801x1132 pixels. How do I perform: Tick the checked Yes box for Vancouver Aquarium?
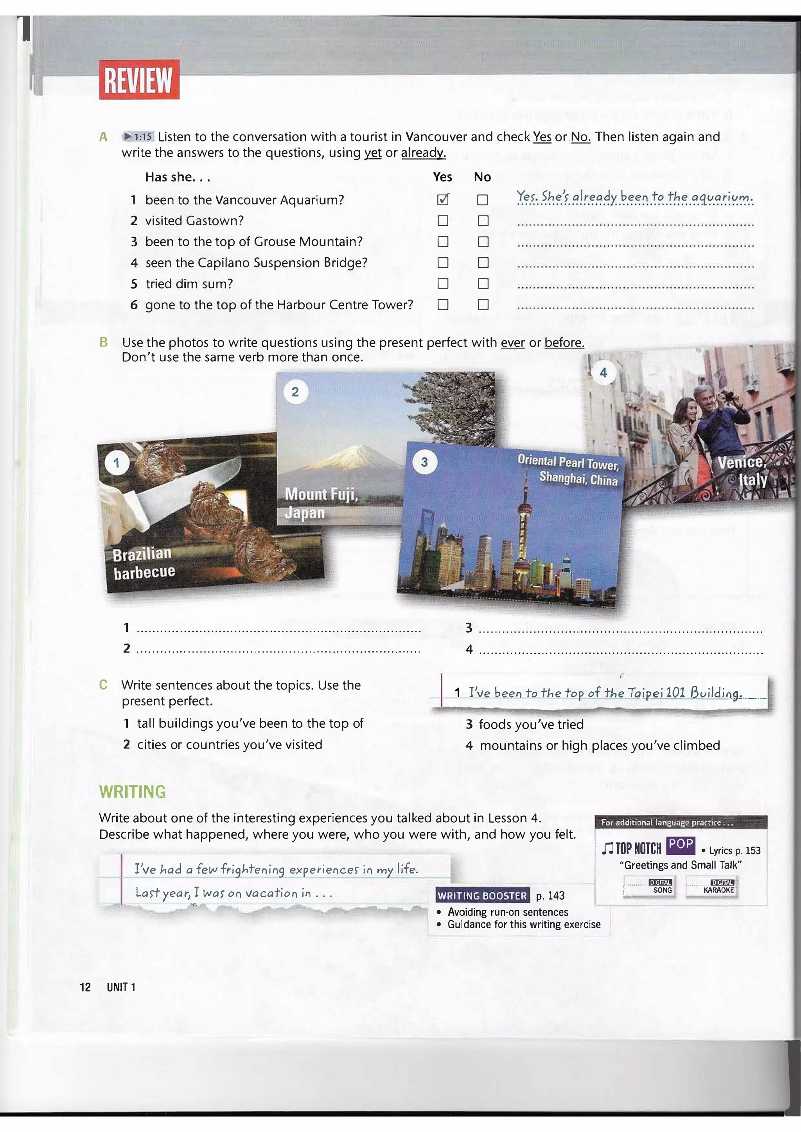[x=443, y=200]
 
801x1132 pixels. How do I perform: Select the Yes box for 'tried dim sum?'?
[x=443, y=284]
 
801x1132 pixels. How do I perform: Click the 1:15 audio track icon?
[x=138, y=136]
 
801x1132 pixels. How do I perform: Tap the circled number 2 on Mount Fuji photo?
[x=295, y=392]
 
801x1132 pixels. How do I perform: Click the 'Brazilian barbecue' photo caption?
[x=144, y=563]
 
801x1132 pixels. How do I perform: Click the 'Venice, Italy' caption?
[x=743, y=471]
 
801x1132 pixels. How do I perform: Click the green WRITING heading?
[x=132, y=792]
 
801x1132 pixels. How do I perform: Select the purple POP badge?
[x=681, y=845]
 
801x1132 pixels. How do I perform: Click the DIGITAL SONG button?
[x=649, y=888]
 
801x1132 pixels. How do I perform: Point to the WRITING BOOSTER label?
[x=482, y=896]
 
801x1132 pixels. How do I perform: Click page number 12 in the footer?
[x=85, y=987]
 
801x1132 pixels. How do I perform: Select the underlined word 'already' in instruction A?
[x=423, y=153]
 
